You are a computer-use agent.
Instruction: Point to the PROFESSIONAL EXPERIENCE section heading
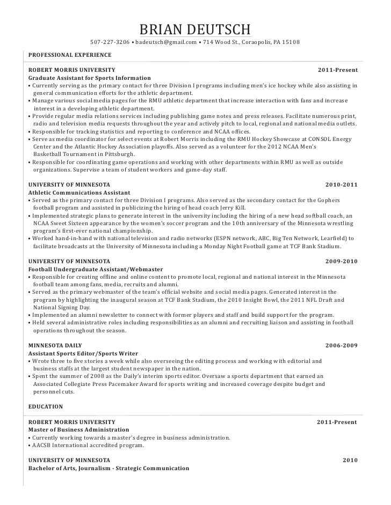(x=69, y=55)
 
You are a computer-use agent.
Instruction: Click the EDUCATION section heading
(x=46, y=406)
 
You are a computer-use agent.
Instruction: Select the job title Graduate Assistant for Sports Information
(x=89, y=78)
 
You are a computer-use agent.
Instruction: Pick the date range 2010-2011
(x=342, y=185)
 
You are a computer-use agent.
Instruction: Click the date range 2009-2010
(x=342, y=261)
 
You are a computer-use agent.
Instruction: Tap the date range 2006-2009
(x=342, y=346)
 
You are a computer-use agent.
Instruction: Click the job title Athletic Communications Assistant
(x=78, y=192)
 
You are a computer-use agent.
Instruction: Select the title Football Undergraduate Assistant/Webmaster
(x=96, y=269)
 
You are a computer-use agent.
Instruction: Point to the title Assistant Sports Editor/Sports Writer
(x=83, y=353)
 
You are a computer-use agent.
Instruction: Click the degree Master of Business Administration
(x=78, y=429)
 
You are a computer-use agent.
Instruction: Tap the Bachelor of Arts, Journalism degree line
(x=108, y=468)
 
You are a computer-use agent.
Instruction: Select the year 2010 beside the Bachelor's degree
(x=350, y=461)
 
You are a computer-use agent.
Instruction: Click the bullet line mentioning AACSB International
(x=88, y=445)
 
